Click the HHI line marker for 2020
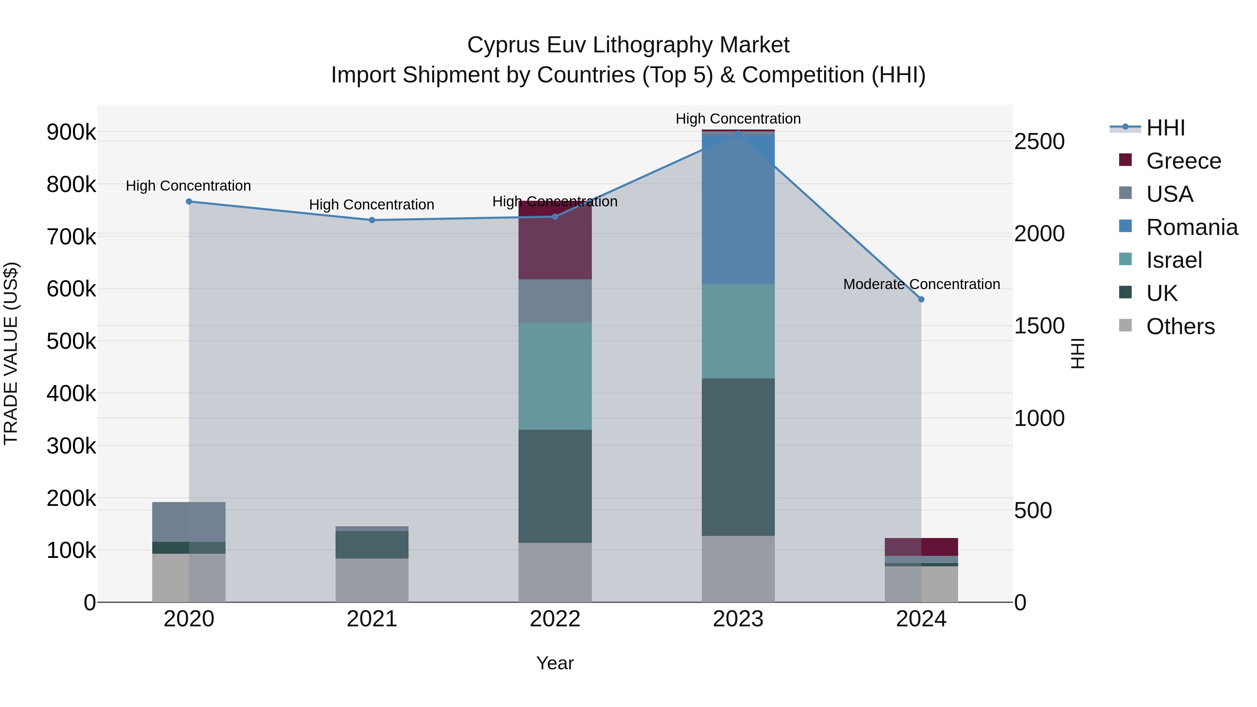(x=189, y=201)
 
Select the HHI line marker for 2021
(x=372, y=220)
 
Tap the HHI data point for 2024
(x=921, y=300)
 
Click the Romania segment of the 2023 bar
(x=738, y=210)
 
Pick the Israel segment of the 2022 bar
(x=555, y=376)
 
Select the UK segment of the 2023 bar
(x=738, y=457)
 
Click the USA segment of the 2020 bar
(x=189, y=522)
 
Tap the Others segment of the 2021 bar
(x=372, y=580)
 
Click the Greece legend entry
(x=1183, y=161)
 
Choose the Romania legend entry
(x=1192, y=227)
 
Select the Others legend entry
(x=1180, y=326)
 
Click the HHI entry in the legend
(x=1165, y=128)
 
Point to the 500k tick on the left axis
(x=71, y=341)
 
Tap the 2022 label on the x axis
(x=555, y=619)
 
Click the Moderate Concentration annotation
(x=921, y=284)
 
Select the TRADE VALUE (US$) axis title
(x=11, y=353)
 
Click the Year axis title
(x=555, y=663)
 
